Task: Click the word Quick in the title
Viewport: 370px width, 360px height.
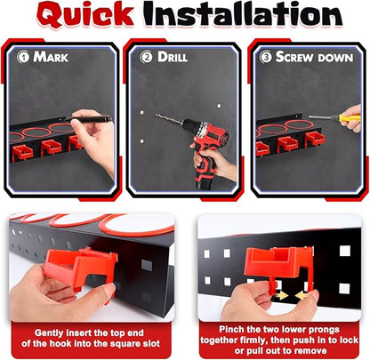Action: [x=85, y=15]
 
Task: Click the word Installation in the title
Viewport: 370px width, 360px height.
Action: [x=243, y=14]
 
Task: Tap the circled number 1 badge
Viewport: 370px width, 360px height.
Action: [x=23, y=57]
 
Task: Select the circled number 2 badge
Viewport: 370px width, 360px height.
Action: [x=146, y=57]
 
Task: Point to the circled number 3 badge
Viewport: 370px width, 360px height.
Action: [x=266, y=57]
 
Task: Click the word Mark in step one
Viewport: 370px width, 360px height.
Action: [x=51, y=57]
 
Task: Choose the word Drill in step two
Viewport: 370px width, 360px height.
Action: [x=173, y=57]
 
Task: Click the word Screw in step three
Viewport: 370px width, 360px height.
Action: [x=294, y=57]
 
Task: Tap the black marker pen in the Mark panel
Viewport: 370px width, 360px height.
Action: [x=88, y=119]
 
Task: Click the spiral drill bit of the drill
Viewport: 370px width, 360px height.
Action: [x=169, y=118]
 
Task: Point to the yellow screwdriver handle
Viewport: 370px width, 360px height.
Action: [x=350, y=118]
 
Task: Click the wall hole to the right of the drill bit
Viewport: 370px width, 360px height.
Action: [x=219, y=106]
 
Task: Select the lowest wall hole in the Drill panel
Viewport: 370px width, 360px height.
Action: [x=142, y=140]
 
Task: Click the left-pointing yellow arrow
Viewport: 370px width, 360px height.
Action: [x=302, y=295]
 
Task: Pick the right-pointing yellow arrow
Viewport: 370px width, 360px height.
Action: [x=281, y=295]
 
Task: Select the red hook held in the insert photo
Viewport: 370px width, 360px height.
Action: [x=80, y=267]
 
